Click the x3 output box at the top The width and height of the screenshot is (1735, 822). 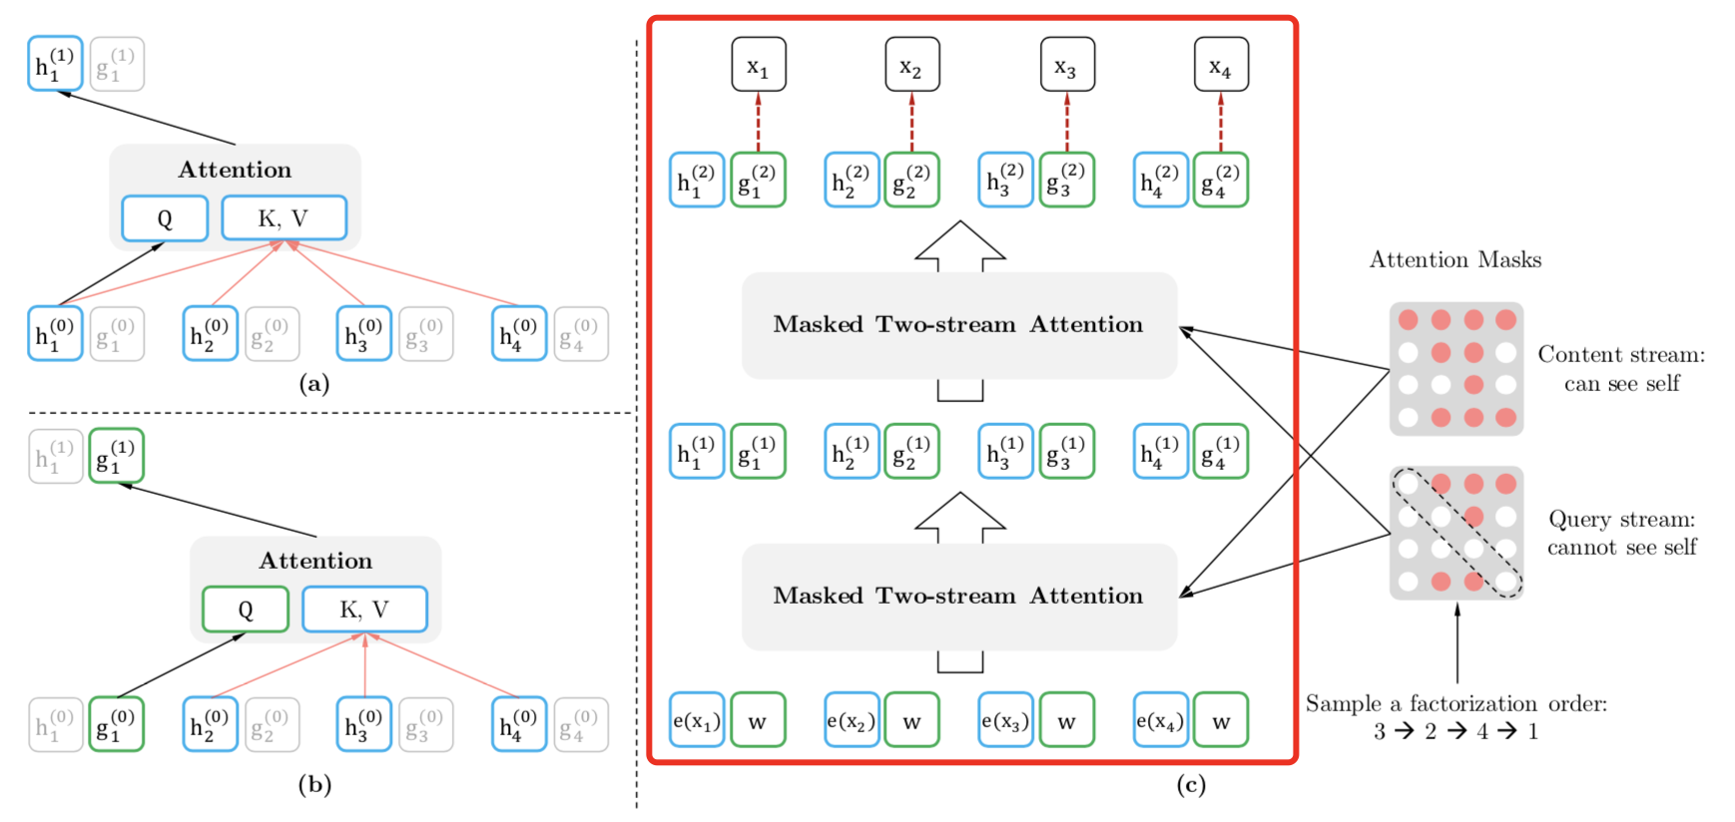1066,65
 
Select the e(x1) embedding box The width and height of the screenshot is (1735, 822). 697,720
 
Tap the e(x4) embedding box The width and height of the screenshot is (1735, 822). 1160,720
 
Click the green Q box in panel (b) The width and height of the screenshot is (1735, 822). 246,610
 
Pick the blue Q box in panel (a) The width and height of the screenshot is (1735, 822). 165,218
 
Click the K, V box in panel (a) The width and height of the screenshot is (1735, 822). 284,218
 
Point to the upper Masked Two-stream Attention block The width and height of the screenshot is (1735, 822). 958,325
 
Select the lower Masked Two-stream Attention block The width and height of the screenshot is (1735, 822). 958,597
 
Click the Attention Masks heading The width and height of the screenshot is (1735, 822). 1454,260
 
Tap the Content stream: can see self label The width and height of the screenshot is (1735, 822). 1621,369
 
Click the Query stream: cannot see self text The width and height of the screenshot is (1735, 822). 1621,533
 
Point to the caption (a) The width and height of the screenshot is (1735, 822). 314,384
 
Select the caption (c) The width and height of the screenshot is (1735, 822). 1191,785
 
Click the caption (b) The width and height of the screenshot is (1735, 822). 314,785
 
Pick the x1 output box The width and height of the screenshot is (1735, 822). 758,65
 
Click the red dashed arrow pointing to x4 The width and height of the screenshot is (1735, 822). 1221,122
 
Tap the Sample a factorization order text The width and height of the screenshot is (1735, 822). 1455,704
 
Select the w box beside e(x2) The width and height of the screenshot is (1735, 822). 911,720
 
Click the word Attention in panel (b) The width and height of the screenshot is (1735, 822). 315,561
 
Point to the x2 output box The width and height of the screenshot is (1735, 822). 911,65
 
